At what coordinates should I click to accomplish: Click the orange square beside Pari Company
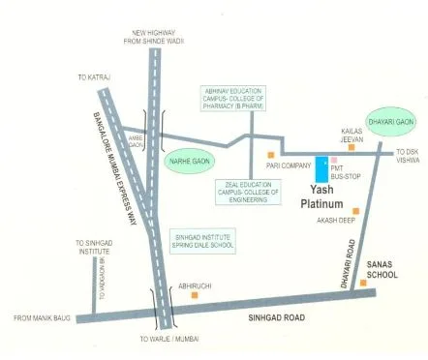pyautogui.click(x=273, y=154)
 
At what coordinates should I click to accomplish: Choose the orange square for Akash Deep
pyautogui.click(x=356, y=211)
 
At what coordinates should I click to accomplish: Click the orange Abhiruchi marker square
pyautogui.click(x=196, y=296)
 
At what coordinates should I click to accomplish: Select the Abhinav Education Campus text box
pyautogui.click(x=232, y=98)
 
